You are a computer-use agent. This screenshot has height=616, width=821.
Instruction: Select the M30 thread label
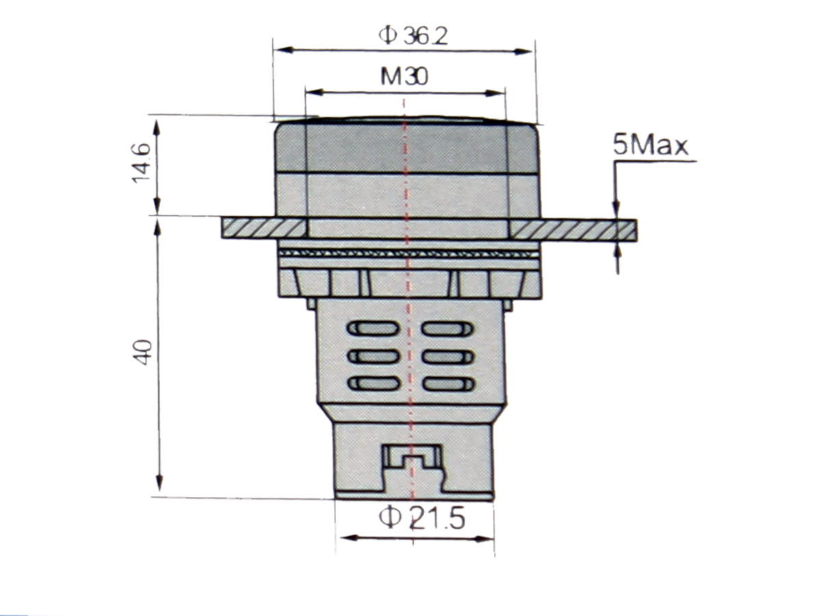[404, 77]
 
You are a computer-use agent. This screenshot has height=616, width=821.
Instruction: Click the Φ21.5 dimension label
[421, 518]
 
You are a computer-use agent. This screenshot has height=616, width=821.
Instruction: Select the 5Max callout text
[651, 146]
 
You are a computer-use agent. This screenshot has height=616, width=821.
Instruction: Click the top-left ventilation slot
[374, 329]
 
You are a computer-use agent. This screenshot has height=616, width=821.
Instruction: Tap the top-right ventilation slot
[447, 329]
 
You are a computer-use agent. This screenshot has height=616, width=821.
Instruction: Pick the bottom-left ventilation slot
[374, 384]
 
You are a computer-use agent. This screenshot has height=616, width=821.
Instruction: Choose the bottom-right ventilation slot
[447, 384]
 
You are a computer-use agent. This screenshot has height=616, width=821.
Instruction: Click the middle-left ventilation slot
[374, 357]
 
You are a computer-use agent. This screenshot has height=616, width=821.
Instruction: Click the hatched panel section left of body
[263, 229]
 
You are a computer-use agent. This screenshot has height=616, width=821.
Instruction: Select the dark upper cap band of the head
[406, 147]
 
